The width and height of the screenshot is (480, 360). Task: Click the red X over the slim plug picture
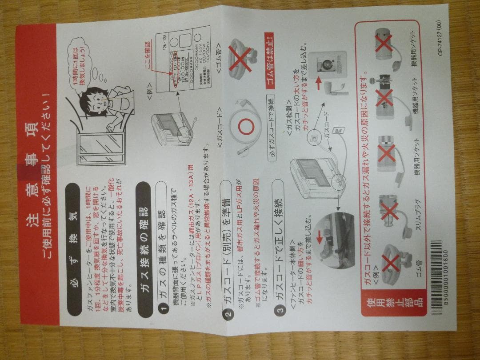coord(388,209)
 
